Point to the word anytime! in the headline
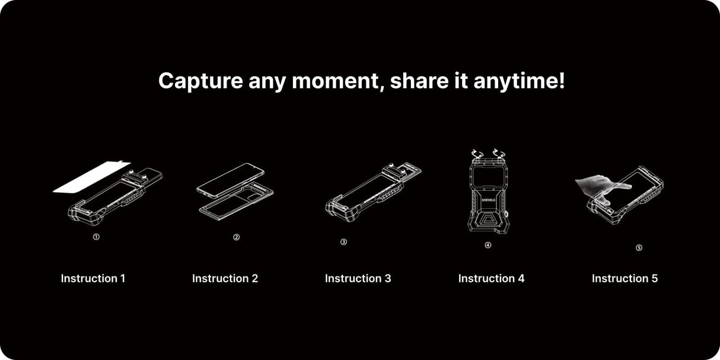pos(518,81)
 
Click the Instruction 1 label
pos(93,278)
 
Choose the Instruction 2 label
pos(225,278)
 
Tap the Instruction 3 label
pos(358,278)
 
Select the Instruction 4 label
pos(491,278)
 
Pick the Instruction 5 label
pos(625,278)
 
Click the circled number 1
pos(96,237)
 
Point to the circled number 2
pos(236,237)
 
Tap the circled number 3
pos(343,242)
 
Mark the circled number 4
pos(488,246)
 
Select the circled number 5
pos(639,248)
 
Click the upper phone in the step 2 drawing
pos(230,180)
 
